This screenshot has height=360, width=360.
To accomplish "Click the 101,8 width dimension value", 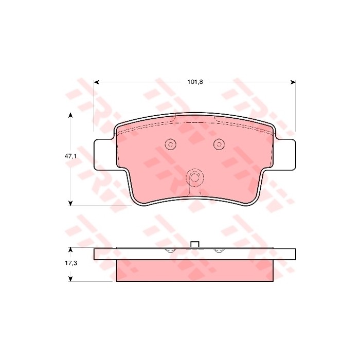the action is [195, 82].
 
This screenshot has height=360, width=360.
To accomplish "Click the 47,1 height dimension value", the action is [70, 156].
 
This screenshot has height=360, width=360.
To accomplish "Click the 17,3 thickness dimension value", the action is [71, 263].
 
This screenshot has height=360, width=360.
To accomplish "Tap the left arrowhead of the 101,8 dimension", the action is [97, 82].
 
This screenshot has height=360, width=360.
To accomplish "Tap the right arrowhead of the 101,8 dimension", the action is [293, 82].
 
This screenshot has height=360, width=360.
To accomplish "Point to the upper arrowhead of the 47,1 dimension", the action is [71, 115].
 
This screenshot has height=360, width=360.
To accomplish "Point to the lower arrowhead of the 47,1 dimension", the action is [71, 203].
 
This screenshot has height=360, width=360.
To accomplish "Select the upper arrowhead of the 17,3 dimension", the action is [71, 249].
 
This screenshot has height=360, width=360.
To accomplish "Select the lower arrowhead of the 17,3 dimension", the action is [71, 279].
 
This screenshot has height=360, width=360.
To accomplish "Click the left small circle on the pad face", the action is [171, 144].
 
